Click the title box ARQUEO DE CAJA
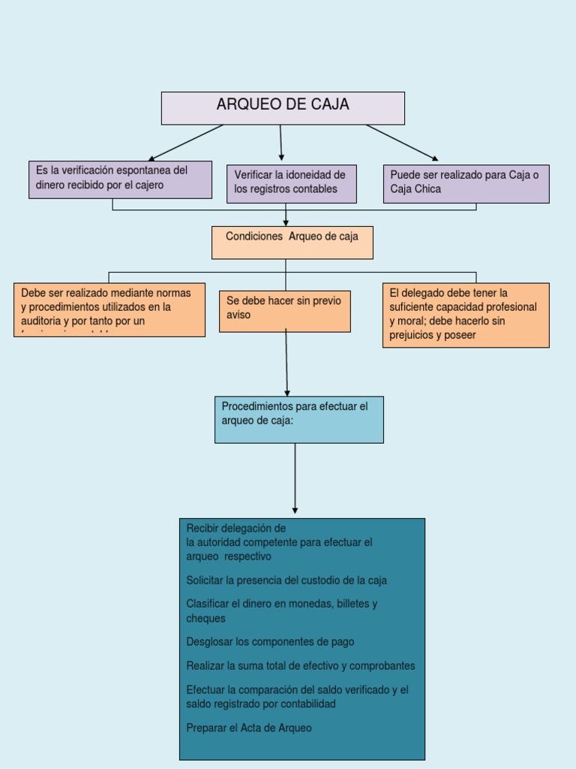tap(283, 107)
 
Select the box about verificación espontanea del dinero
tap(120, 179)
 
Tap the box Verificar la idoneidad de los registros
tap(291, 183)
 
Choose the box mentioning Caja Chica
tap(466, 183)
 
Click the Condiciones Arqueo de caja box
tap(292, 242)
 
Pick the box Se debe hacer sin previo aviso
tap(284, 311)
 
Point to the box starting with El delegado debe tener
tap(466, 315)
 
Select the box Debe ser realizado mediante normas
tap(109, 309)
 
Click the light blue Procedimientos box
tap(298, 419)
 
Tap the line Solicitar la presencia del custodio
tap(286, 581)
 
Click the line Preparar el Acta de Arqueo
tap(249, 728)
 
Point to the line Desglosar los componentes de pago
tap(270, 642)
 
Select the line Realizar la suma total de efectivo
tap(300, 666)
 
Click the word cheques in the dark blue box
tap(205, 619)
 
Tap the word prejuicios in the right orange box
tap(412, 336)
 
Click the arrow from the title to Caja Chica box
tap(401, 142)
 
